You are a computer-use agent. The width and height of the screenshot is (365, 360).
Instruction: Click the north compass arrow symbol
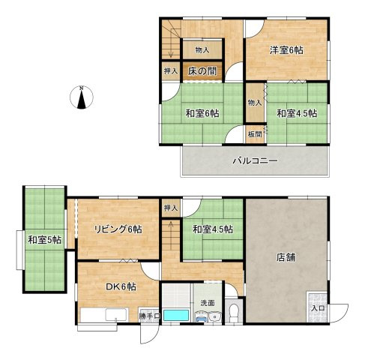pos(81,97)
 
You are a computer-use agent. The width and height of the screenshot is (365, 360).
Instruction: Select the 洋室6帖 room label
pos(286,50)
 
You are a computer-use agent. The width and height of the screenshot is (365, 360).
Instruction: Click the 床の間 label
pos(202,72)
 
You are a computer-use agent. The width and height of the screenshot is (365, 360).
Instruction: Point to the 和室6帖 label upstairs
pos(202,114)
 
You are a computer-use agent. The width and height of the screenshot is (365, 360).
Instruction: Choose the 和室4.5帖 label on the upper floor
pos(296,114)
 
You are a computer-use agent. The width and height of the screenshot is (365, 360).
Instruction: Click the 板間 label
pos(255,134)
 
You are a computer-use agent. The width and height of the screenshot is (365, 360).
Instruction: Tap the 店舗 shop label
pos(284,257)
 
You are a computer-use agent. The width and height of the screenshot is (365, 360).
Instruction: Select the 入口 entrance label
pos(317,307)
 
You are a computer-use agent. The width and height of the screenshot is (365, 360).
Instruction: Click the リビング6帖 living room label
pos(118,229)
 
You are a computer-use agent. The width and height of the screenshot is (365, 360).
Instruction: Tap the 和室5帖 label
pos(45,241)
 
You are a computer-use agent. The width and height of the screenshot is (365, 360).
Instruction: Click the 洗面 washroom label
pos(207,303)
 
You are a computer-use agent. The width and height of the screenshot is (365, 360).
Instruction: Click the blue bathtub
pos(177,316)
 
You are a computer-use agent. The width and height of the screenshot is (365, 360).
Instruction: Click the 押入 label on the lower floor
pos(171,208)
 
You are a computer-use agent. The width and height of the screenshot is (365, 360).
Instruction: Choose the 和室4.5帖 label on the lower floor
pos(212,229)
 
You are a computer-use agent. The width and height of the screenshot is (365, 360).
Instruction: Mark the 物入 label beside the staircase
pos(202,50)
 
